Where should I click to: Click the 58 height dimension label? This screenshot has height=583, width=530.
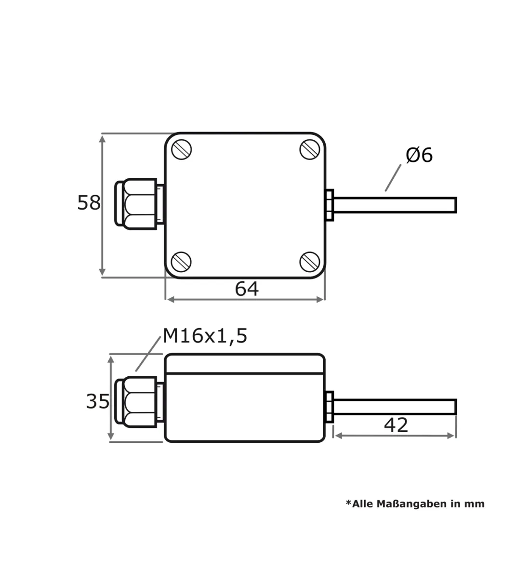point(89,202)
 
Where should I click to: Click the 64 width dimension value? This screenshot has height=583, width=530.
point(247,289)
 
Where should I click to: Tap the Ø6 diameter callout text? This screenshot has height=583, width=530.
point(419,155)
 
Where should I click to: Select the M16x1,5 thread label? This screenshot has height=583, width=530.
point(205,336)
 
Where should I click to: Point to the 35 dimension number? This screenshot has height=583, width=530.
point(98,402)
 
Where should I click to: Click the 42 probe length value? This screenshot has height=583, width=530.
point(396,425)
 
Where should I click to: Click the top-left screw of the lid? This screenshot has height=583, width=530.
point(182,150)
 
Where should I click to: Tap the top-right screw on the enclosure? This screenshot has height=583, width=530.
point(310,150)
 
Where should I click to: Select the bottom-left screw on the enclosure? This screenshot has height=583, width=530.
point(181,262)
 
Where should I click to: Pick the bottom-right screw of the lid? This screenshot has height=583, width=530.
point(310,262)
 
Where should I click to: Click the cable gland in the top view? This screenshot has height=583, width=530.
point(140,204)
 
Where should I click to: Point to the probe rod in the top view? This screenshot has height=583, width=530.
point(395,205)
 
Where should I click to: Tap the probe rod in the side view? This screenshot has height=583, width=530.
point(395,407)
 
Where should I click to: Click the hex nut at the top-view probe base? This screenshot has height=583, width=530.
point(329,205)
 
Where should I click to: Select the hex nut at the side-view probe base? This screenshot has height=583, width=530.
point(329,407)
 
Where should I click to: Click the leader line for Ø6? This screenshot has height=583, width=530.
point(393,178)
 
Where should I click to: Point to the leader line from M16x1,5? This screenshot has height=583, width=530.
point(148,354)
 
